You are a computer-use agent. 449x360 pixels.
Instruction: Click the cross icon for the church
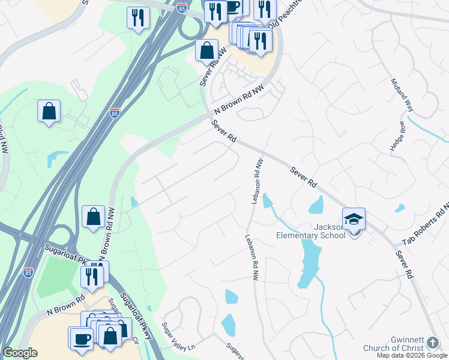pos(433,343)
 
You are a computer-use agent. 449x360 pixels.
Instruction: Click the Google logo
pos(20,353)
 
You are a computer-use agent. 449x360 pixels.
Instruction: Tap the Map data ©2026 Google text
pos(412,355)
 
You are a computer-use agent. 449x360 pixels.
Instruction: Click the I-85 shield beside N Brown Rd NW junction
pos(115,112)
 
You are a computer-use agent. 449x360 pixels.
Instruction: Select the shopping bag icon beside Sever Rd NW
pos(206,52)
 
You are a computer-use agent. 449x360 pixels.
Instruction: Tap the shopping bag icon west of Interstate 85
pos(49,111)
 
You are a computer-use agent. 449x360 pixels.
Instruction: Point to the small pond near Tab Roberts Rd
pos(400,208)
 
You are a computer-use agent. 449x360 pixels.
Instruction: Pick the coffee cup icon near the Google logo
pos(81,338)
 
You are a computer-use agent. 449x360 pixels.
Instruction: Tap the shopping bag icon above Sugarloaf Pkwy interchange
pos(94,217)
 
